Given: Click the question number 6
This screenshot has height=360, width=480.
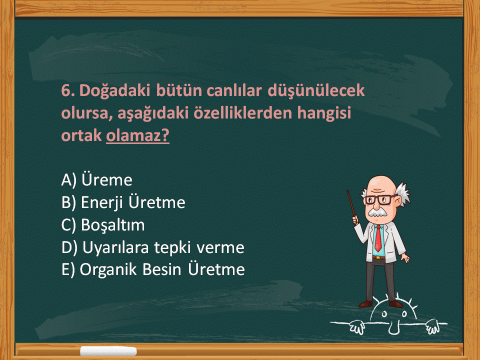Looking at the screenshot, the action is coord(67,90).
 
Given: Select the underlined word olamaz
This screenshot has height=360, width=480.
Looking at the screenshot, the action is coord(138,135).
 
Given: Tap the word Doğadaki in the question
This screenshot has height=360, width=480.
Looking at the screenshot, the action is coord(115,91).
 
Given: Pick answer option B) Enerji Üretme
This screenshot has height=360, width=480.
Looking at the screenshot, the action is coord(123,202).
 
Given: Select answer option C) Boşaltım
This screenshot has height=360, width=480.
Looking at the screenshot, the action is coord(103,225).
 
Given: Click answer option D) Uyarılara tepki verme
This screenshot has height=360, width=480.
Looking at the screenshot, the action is coord(153,247).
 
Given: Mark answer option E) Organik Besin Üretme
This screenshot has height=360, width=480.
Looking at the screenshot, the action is coord(153,269).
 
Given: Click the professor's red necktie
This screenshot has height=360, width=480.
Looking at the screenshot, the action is coord(378,238).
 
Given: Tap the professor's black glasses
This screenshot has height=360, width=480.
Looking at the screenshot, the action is coord(380,199).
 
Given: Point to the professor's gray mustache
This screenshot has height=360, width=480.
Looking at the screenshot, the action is coord(377,212).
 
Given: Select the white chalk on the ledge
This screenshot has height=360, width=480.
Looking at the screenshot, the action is coord(108,351).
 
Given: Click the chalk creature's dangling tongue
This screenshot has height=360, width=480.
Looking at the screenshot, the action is coord(393,328).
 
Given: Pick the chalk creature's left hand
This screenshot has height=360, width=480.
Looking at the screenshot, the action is coord(357,327).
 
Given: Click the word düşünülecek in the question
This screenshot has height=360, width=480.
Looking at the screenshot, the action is coord(316,91).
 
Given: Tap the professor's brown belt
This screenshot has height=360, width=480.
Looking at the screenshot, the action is coord(379,257).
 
